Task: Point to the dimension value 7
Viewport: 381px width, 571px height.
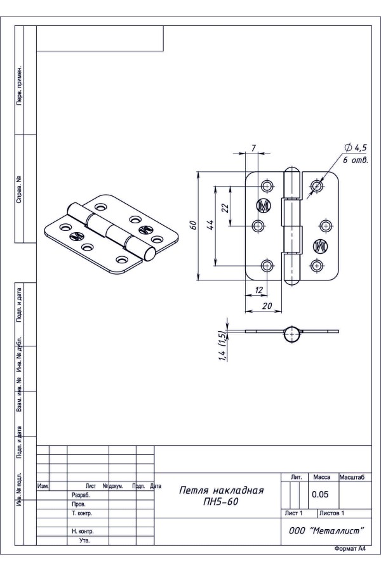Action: (253, 148)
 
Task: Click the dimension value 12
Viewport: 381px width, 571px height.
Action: (258, 290)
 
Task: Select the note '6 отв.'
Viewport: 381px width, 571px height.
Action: (355, 160)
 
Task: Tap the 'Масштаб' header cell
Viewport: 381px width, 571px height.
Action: (356, 476)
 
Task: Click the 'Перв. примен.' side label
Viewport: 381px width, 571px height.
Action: (19, 85)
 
